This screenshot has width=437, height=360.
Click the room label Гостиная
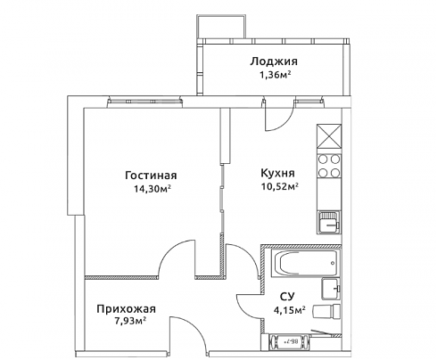[x=151, y=176]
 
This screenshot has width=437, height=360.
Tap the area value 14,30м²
[x=153, y=189]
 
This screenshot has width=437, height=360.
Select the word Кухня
[x=277, y=173]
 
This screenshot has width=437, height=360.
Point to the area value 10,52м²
[x=280, y=186]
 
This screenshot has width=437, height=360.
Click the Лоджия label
[x=274, y=61]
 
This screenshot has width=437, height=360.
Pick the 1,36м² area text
[x=275, y=76]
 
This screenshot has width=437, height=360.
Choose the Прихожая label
[x=126, y=309]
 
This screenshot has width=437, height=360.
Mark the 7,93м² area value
[x=128, y=321]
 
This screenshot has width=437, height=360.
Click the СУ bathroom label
[x=287, y=297]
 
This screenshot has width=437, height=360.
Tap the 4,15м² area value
[x=290, y=310]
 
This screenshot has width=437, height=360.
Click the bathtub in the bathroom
[x=306, y=264]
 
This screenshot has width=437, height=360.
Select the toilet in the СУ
[x=326, y=312]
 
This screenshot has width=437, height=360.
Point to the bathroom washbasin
[x=331, y=289]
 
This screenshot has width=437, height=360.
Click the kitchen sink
[x=329, y=222]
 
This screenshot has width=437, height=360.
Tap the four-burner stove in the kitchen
[x=329, y=167]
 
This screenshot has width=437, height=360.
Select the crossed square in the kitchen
[x=329, y=136]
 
